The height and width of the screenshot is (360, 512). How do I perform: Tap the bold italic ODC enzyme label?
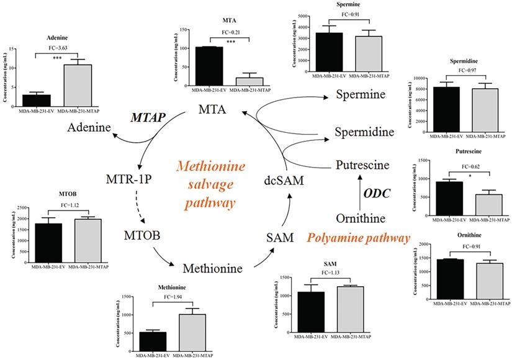[x=377, y=193]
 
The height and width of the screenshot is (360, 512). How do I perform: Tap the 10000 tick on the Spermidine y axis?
[x=418, y=78]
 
